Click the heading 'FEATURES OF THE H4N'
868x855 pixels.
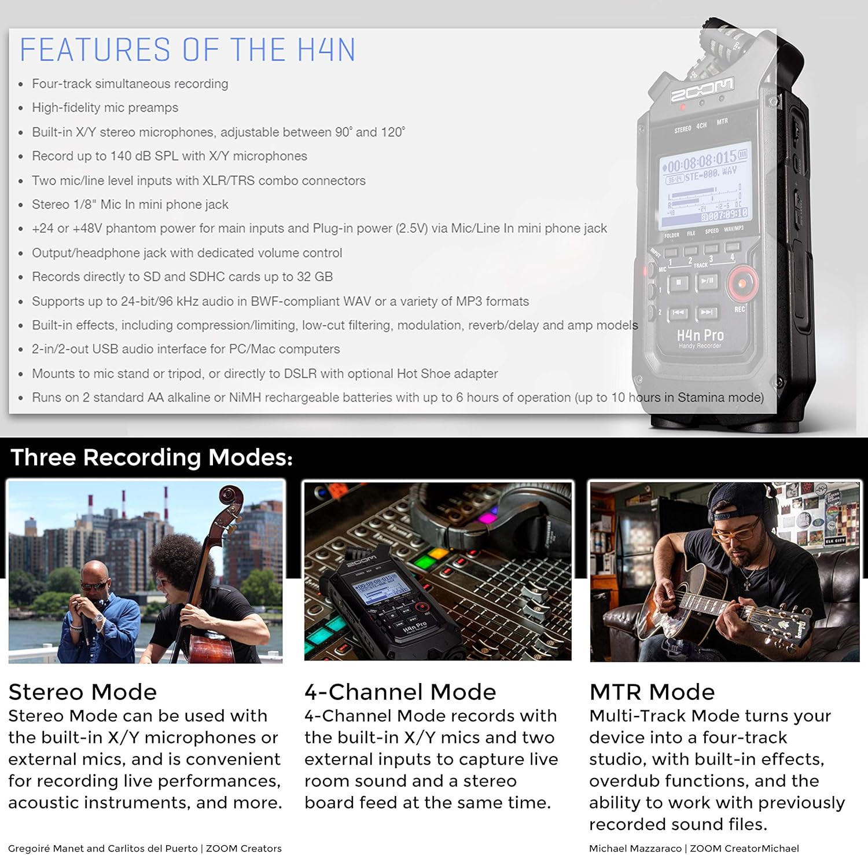[x=187, y=49]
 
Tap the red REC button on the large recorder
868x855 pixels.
[x=742, y=283]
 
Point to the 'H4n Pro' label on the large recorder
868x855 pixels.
[x=700, y=335]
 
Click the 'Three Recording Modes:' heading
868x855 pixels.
[x=152, y=457]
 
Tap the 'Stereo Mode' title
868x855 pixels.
[x=83, y=692]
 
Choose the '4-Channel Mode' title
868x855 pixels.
[x=400, y=692]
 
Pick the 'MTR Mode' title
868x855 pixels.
[x=652, y=692]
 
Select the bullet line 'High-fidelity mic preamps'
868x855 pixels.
[x=105, y=108]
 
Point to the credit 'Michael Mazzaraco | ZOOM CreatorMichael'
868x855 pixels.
[x=694, y=848]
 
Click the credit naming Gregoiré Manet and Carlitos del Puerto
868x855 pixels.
[x=145, y=848]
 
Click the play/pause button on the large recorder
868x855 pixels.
[x=708, y=281]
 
